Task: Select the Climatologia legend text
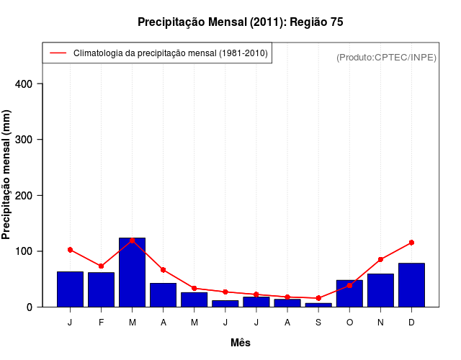pos(170,53)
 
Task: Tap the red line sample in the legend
pos(58,53)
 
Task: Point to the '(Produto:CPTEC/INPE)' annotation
pos(386,57)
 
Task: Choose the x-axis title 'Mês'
pos(240,343)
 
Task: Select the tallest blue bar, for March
pos(132,272)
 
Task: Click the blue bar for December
pos(411,285)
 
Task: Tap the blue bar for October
pos(349,294)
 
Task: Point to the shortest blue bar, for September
pos(318,305)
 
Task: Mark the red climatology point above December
pos(411,243)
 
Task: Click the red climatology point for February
pos(101,266)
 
